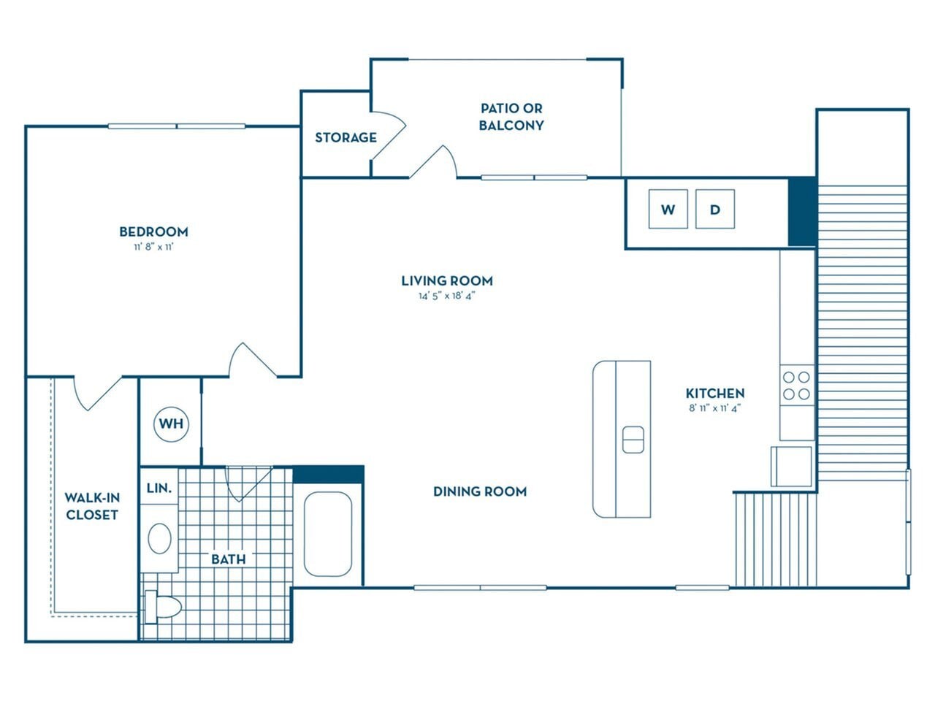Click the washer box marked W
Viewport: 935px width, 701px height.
click(668, 210)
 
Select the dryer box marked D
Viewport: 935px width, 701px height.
click(714, 210)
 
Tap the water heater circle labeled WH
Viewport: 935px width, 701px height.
click(171, 424)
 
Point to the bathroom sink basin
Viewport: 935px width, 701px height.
click(160, 539)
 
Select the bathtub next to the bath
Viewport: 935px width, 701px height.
click(328, 534)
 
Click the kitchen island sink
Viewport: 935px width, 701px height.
click(633, 440)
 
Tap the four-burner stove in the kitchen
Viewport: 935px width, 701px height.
click(796, 386)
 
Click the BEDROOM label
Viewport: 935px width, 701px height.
click(153, 231)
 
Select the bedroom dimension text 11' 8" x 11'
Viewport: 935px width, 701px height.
click(153, 248)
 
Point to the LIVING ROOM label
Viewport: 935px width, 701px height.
click(447, 280)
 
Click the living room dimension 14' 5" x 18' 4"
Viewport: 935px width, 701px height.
click(447, 296)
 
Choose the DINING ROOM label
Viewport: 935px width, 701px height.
click(480, 491)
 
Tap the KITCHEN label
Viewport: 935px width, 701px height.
click(715, 393)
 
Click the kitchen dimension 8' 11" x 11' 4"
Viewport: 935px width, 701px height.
click(715, 409)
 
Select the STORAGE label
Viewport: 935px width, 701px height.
click(346, 137)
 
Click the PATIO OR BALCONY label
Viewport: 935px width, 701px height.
click(511, 117)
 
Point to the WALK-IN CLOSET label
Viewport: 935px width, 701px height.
click(92, 506)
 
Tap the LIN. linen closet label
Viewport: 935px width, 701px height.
click(159, 488)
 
